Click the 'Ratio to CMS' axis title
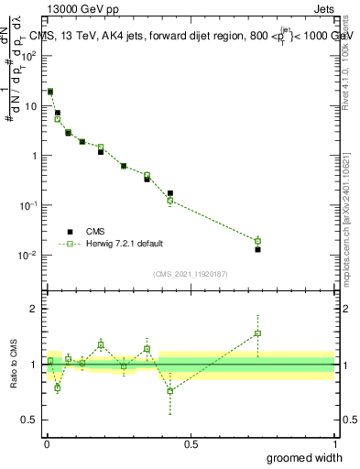pyautogui.click(x=14, y=363)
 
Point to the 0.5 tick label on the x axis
pyautogui.click(x=191, y=443)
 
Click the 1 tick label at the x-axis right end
pyautogui.click(x=334, y=443)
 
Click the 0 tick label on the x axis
pyautogui.click(x=47, y=443)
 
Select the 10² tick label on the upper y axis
pyautogui.click(x=29, y=56)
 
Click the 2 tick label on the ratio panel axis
pyautogui.click(x=34, y=309)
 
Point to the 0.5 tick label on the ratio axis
pyautogui.click(x=29, y=420)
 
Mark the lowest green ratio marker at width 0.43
pyautogui.click(x=170, y=391)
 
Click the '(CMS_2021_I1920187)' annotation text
pyautogui.click(x=190, y=273)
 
